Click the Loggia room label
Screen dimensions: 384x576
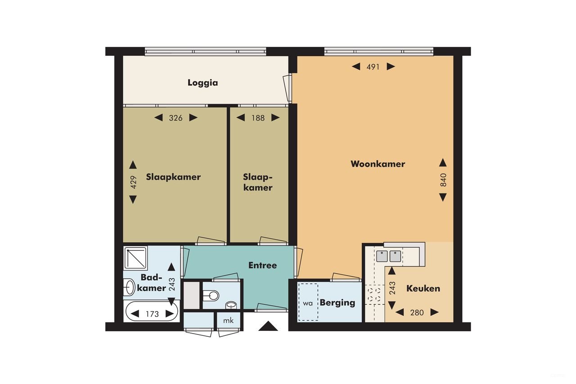tap(202, 83)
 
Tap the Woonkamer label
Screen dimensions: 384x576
tap(378, 164)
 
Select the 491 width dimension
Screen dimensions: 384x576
tap(373, 67)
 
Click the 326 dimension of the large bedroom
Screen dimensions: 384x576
tap(175, 118)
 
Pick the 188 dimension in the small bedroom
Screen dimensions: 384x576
tap(257, 118)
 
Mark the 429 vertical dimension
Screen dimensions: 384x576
tap(133, 182)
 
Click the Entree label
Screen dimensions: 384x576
tap(262, 266)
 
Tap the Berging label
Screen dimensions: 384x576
tap(337, 303)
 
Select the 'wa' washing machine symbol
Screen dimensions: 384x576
tap(308, 303)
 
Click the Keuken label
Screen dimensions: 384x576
tap(423, 289)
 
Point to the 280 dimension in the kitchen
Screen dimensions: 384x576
tap(417, 312)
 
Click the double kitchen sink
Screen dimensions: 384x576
tap(388, 256)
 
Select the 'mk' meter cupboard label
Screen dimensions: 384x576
tap(229, 320)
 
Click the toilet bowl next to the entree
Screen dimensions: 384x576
tap(211, 295)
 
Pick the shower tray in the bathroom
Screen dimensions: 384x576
tap(135, 258)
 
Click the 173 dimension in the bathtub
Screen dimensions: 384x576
tap(152, 314)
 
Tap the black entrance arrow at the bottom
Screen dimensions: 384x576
tap(268, 326)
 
